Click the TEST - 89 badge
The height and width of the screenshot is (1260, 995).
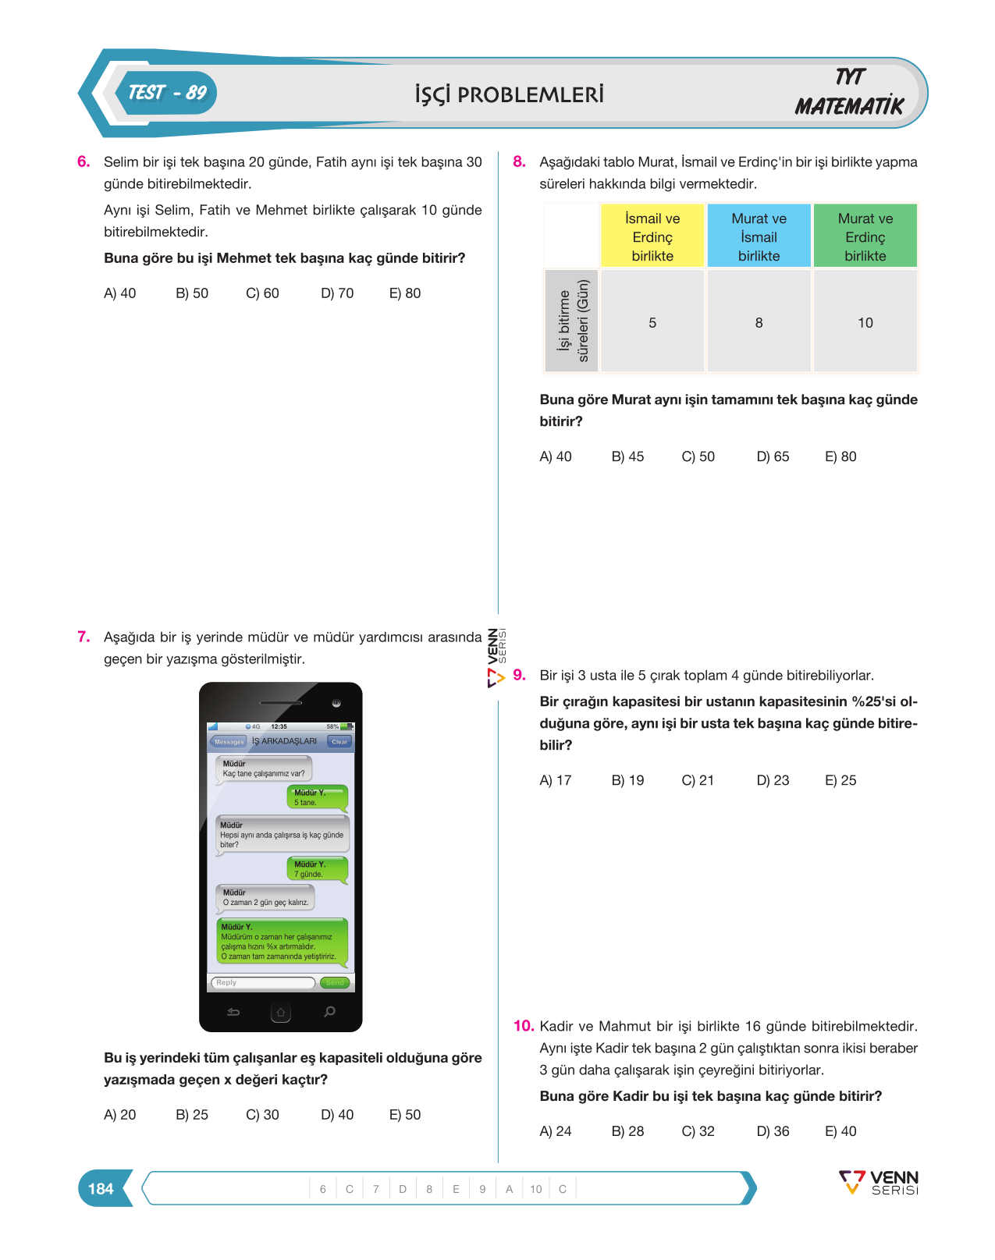167,93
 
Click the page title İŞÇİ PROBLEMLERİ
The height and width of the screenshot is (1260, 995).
509,94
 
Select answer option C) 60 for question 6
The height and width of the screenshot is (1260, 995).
262,293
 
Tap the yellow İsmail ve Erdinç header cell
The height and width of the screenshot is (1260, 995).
652,236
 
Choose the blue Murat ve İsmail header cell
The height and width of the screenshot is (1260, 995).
759,236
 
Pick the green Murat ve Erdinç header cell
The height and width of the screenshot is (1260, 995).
865,236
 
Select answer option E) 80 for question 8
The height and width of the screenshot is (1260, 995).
840,456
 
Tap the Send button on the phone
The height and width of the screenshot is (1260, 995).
335,982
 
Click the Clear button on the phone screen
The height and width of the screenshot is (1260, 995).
339,741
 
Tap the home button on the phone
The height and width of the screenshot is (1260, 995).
280,1012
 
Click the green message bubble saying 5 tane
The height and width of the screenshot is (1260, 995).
318,797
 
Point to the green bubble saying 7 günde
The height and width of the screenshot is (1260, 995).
318,869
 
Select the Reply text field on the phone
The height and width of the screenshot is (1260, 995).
263,982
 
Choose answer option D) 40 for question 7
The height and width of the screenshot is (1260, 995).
337,1114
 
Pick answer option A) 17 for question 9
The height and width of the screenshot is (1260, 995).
555,780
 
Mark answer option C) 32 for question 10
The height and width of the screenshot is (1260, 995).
698,1130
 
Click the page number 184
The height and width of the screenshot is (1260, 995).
101,1188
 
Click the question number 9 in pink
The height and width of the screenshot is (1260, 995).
519,675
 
